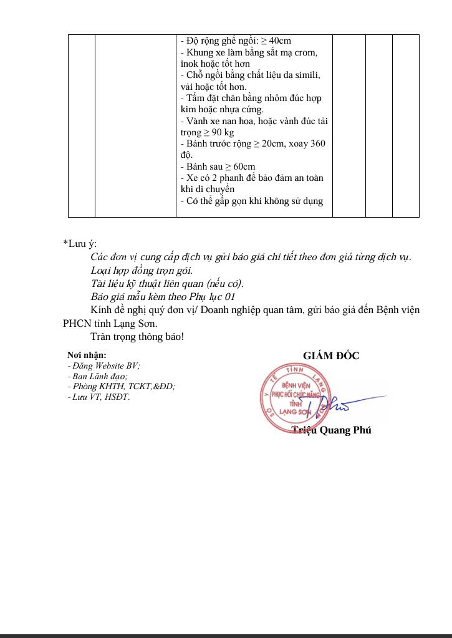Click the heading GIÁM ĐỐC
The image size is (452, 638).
click(331, 356)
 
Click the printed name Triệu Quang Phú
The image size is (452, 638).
click(332, 430)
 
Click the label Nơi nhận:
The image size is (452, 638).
click(87, 355)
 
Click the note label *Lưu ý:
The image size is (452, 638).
click(80, 244)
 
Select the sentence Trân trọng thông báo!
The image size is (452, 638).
click(137, 337)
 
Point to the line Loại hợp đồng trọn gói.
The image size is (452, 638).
click(142, 270)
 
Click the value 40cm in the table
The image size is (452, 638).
click(280, 41)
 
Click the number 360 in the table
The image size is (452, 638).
click(317, 143)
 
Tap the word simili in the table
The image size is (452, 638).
click(305, 75)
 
